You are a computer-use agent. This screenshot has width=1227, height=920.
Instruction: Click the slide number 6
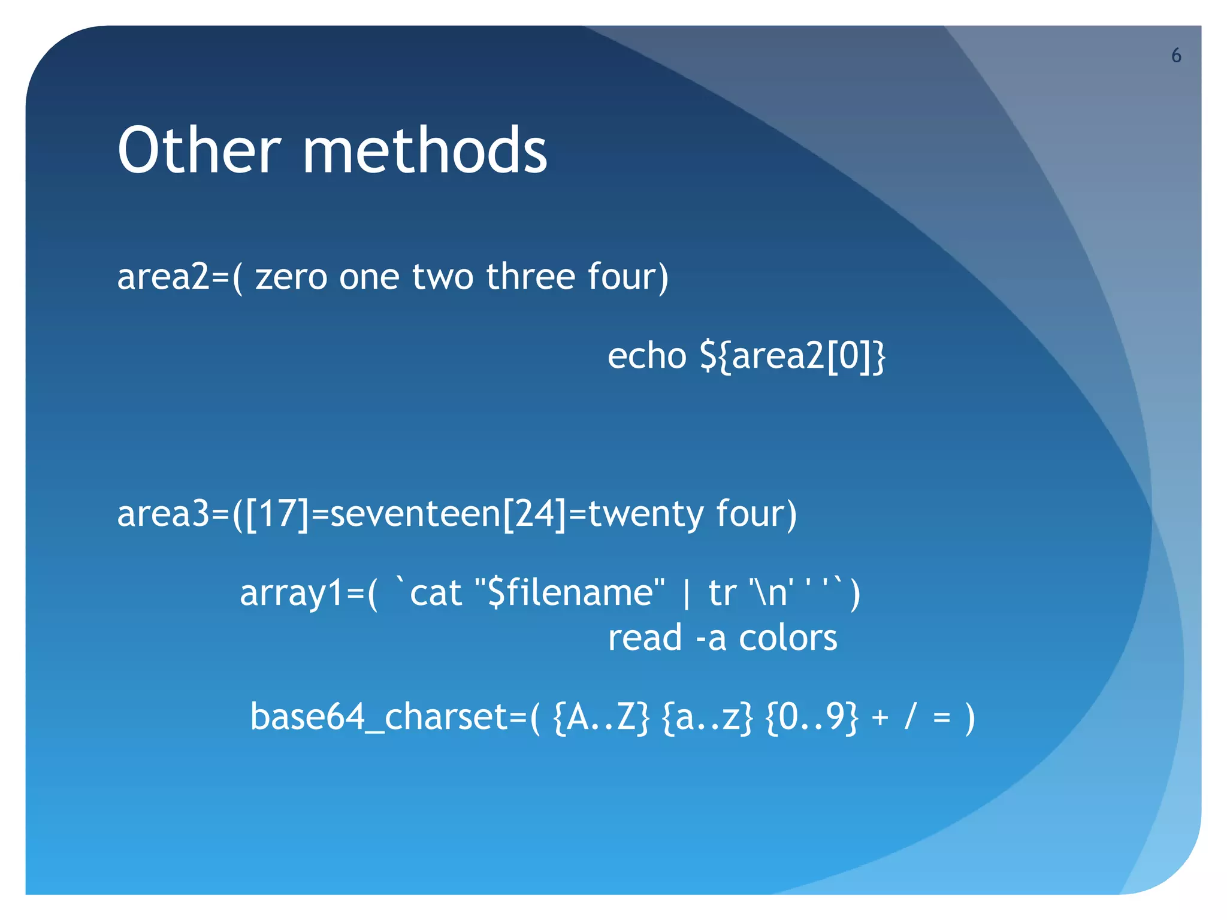(x=1176, y=56)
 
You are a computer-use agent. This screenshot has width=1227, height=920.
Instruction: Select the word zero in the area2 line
(x=291, y=277)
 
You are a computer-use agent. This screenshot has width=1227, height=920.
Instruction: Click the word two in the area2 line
(x=443, y=277)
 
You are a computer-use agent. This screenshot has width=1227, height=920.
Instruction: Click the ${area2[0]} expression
(x=793, y=357)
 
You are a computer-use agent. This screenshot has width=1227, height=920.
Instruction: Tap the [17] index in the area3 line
(x=277, y=514)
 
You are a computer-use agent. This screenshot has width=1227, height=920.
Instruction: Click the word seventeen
(x=415, y=514)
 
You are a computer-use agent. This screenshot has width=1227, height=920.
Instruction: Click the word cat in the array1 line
(x=436, y=593)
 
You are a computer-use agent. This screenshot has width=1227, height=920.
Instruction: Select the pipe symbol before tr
(x=687, y=594)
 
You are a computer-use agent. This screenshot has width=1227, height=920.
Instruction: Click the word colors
(x=788, y=638)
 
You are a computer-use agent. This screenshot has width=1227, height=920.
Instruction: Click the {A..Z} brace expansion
(x=601, y=717)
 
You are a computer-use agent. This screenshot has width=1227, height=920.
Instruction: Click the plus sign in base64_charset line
(x=880, y=718)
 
